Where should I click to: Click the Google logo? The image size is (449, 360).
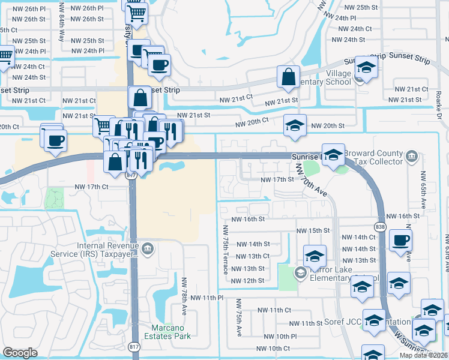pos(20,353)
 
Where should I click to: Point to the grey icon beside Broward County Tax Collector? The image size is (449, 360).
pos(412,157)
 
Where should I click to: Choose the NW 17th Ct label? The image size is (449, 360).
pos(91,187)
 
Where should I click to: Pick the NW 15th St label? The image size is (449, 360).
pos(313,230)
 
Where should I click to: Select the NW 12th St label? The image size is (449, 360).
pos(248,281)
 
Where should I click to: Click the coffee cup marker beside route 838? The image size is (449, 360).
pos(400,241)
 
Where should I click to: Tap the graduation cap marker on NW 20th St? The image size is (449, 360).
pos(295,126)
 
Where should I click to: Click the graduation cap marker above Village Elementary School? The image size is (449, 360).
pos(366,68)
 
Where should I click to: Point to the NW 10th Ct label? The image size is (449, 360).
pos(273,349)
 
